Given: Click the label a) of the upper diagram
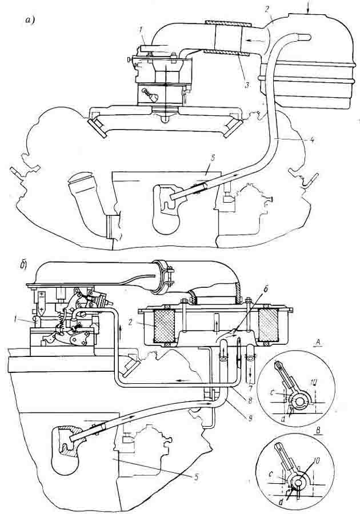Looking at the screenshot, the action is pyautogui.click(x=30, y=21).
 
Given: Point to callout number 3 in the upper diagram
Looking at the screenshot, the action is pyautogui.click(x=246, y=85).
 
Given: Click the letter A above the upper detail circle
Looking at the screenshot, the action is pyautogui.click(x=317, y=342).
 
